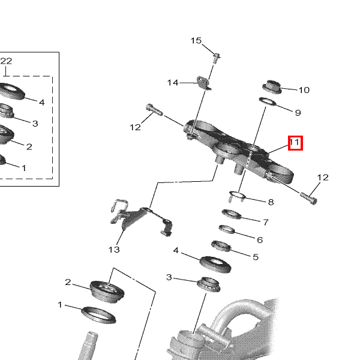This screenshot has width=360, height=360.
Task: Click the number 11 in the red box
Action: point(295,142)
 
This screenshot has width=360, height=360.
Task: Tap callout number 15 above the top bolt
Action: point(196,41)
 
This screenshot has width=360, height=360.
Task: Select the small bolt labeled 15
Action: point(216,58)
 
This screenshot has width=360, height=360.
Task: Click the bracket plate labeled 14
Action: point(203,83)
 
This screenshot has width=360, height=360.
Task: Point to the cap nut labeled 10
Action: point(272,87)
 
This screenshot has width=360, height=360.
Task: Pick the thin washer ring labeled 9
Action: point(268,102)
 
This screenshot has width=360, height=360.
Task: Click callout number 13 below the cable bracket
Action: point(114,250)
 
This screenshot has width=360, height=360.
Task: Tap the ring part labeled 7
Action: point(232,214)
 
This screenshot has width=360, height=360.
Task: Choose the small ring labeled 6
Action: point(227,229)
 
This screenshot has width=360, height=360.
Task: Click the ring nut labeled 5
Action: point(221,246)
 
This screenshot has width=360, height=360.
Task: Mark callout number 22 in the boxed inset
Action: point(6,61)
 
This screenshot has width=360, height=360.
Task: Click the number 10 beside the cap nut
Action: point(304,90)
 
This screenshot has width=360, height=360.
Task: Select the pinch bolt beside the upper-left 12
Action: point(154,110)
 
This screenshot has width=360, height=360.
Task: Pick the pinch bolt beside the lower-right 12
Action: point(309,199)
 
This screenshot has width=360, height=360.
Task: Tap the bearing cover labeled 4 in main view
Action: point(215,265)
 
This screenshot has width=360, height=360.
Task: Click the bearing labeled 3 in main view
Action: point(209,284)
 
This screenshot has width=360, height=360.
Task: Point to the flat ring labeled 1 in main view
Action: point(99,315)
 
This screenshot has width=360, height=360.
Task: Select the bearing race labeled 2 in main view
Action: point(107,292)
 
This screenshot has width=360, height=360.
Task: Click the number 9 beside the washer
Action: point(298,113)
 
